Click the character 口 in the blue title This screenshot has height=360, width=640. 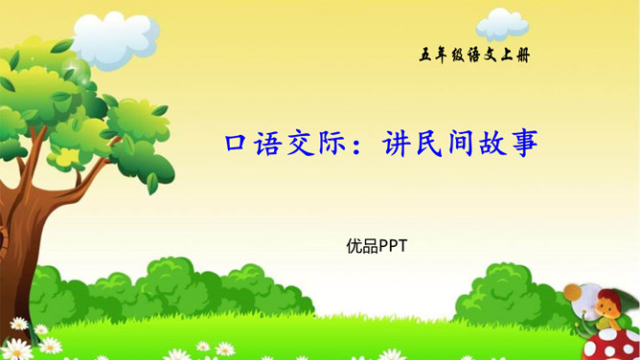237,145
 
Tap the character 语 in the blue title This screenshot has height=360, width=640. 272,145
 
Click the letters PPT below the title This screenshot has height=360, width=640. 393,246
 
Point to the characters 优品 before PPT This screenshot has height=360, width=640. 362,246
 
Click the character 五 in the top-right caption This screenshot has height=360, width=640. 426,55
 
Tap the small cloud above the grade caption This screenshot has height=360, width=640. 502,22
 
